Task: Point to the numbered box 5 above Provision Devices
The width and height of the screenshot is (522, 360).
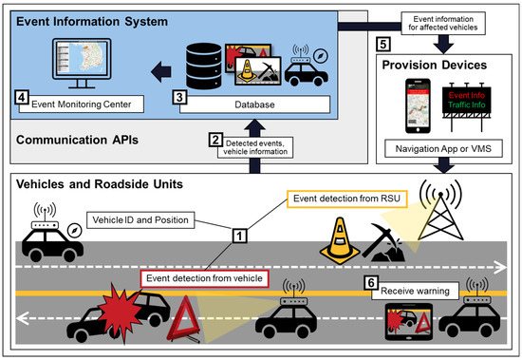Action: [x=382, y=44]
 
